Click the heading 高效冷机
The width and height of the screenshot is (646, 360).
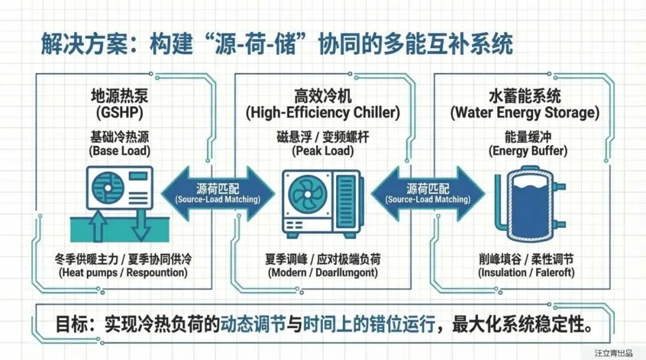pos(323,96)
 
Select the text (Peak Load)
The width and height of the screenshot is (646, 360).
pos(323,151)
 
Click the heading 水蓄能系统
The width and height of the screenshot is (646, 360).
pos(525,96)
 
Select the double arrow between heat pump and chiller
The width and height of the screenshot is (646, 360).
pos(218,193)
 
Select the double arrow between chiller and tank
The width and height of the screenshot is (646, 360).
pos(428,193)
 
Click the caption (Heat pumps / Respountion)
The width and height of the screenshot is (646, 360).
pos(123,273)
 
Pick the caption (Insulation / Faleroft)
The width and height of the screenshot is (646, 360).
pos(526,273)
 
